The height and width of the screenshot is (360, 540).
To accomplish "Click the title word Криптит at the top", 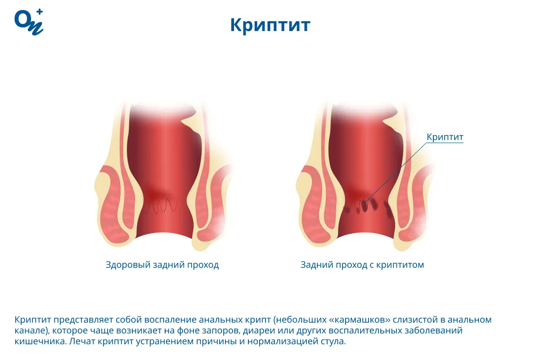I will pyautogui.click(x=270, y=25).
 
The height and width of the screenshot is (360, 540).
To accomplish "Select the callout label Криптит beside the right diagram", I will pyautogui.click(x=445, y=137).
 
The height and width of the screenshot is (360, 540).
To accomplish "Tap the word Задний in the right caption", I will pyautogui.click(x=315, y=265).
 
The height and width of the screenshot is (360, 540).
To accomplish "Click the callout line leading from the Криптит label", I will pyautogui.click(x=396, y=171).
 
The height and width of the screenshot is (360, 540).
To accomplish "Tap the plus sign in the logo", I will pyautogui.click(x=40, y=13).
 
